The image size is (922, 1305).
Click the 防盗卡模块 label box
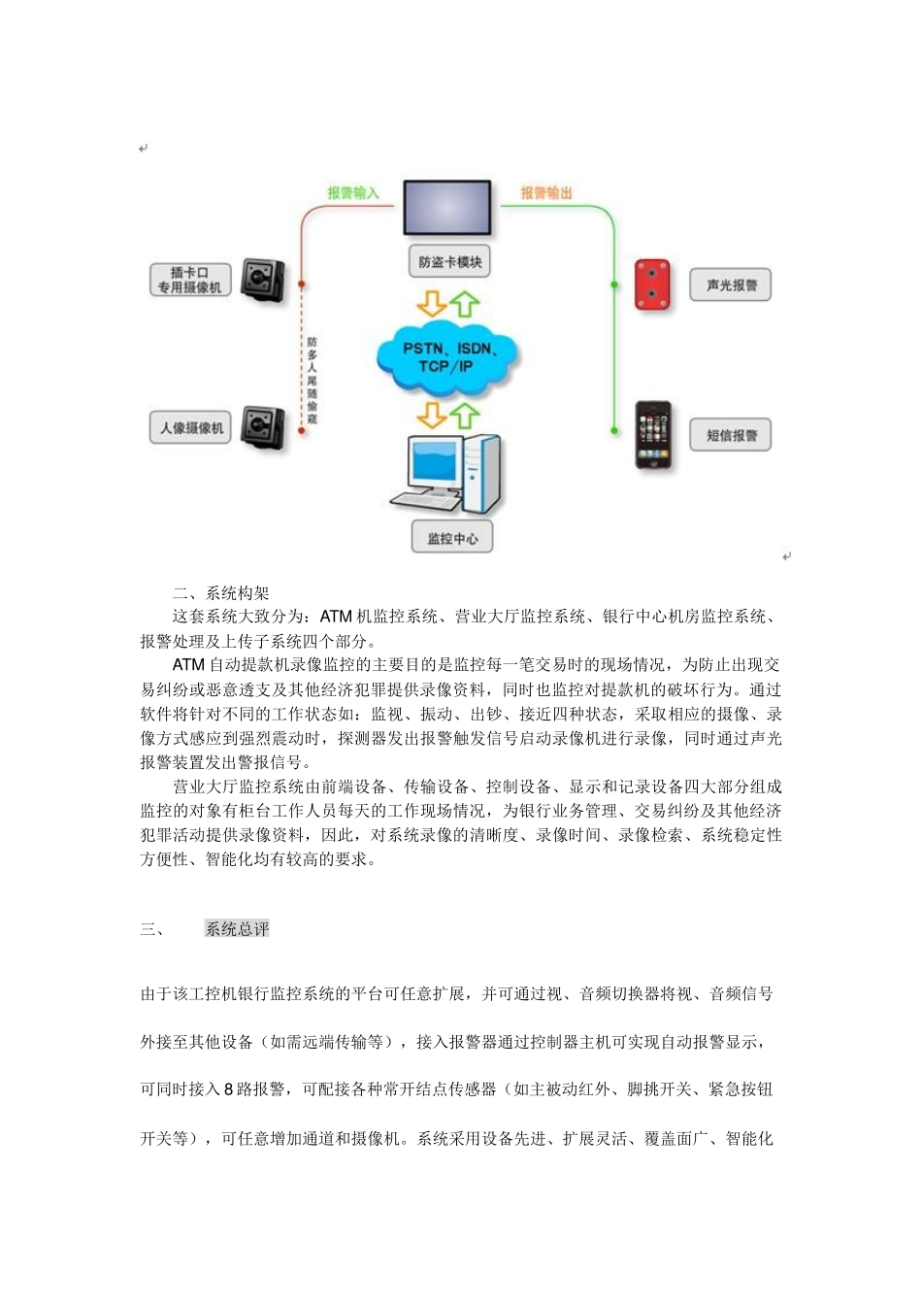pyautogui.click(x=449, y=262)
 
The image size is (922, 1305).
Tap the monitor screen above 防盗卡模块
pyautogui.click(x=447, y=207)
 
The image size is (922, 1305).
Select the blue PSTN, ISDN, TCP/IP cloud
pyautogui.click(x=448, y=357)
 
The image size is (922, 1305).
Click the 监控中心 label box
pyautogui.click(x=452, y=538)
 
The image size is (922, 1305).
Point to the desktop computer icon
pyautogui.click(x=447, y=475)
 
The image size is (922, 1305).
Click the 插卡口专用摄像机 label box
pyautogui.click(x=189, y=280)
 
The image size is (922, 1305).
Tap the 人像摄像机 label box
pyautogui.click(x=190, y=427)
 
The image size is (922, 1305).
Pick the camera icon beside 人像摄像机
pyautogui.click(x=262, y=427)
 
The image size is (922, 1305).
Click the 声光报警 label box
pyautogui.click(x=731, y=285)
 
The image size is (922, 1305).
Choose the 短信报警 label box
pyautogui.click(x=731, y=435)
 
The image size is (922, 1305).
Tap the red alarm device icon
pyautogui.click(x=652, y=284)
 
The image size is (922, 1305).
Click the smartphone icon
pyautogui.click(x=653, y=435)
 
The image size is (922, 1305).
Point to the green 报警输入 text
pyautogui.click(x=353, y=193)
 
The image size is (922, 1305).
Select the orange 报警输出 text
pyautogui.click(x=546, y=193)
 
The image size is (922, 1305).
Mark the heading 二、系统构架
pyautogui.click(x=221, y=592)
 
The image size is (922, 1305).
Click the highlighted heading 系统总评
pyautogui.click(x=237, y=929)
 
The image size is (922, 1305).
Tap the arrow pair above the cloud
pyautogui.click(x=448, y=304)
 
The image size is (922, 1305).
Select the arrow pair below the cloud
pyautogui.click(x=448, y=415)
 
